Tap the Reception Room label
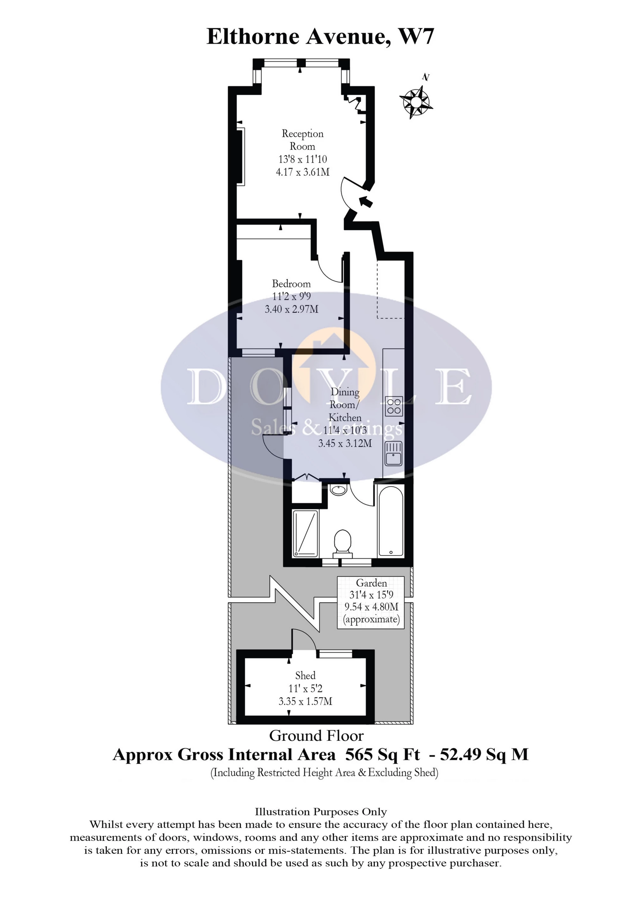pos(303,140)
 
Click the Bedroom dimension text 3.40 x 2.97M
pos(292,309)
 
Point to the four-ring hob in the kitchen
pos(394,406)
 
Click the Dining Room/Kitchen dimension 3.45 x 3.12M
pos(345,443)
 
